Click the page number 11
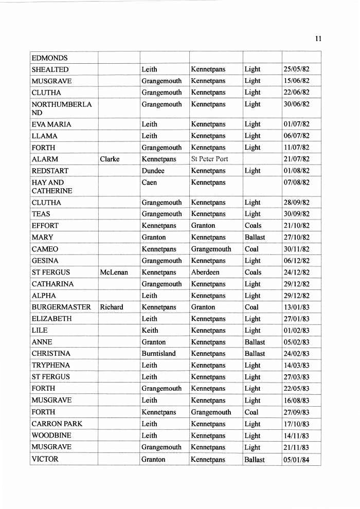click(x=318, y=39)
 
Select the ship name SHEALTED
click(x=50, y=69)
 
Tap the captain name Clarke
click(x=110, y=159)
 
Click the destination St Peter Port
click(x=209, y=159)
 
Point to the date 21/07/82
click(x=296, y=159)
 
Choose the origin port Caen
click(x=149, y=183)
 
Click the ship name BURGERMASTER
click(x=61, y=307)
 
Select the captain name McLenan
click(x=114, y=272)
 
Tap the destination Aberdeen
click(x=205, y=272)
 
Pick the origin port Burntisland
click(x=159, y=354)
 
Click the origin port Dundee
click(x=153, y=171)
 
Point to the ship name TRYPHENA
click(x=51, y=366)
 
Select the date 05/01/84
click(x=296, y=460)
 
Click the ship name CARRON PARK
click(x=57, y=424)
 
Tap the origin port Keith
click(x=150, y=331)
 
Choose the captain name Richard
click(x=112, y=307)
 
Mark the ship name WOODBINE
click(x=51, y=436)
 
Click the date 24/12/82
click(x=296, y=272)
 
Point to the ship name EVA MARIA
click(x=51, y=124)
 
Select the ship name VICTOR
click(x=45, y=460)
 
